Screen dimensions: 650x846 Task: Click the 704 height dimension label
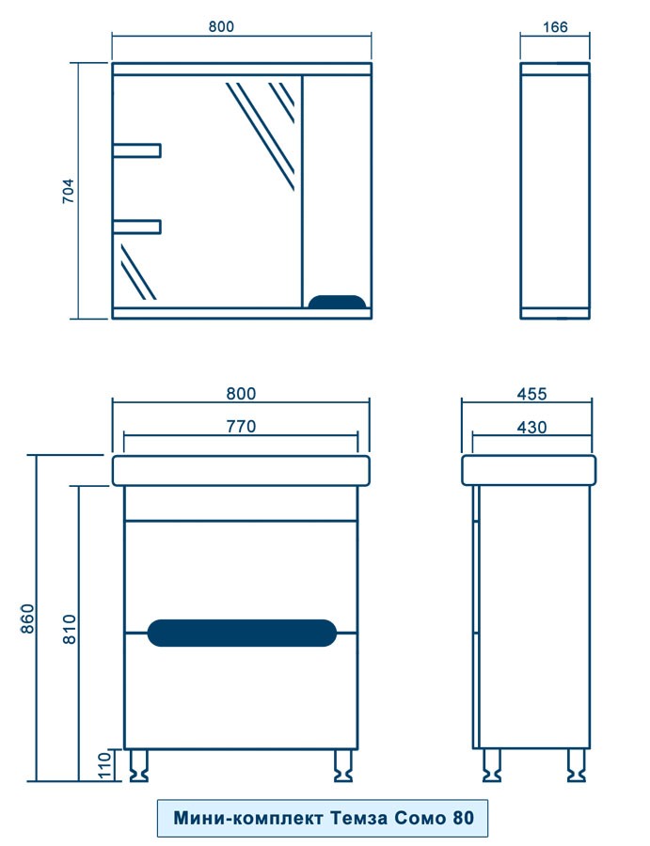[68, 191]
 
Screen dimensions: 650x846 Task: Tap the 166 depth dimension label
[555, 27]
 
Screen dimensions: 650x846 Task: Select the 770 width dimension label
[241, 426]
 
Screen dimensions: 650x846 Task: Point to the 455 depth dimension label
[531, 394]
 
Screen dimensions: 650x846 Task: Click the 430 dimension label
[531, 428]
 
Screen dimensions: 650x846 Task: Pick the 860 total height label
[27, 619]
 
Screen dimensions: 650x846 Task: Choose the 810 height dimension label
[71, 629]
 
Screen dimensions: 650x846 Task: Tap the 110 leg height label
[104, 765]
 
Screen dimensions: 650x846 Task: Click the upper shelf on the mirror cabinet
[137, 150]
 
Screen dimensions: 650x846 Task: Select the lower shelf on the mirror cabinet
[137, 227]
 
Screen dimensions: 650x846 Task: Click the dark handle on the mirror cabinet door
[337, 302]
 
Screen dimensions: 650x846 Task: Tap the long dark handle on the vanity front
[242, 633]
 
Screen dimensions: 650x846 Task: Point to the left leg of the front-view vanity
[138, 765]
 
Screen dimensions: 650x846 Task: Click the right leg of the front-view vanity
[342, 765]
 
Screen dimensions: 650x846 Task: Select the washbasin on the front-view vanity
[242, 471]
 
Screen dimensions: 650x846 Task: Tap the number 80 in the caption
[463, 818]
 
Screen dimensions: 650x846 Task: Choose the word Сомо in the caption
[420, 818]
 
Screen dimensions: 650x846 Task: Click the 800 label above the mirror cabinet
[221, 27]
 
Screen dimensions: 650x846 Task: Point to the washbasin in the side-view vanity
[529, 471]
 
